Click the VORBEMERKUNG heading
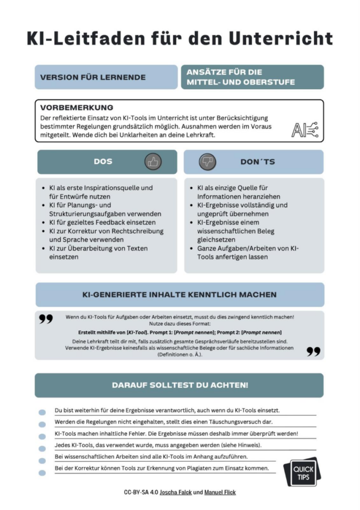point(77,108)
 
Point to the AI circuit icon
point(304,129)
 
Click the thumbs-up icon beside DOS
point(153,162)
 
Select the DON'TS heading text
point(257,162)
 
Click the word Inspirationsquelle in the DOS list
point(113,188)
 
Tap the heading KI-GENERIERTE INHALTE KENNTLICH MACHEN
point(179,295)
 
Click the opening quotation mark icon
point(46,319)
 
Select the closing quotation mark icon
point(313,352)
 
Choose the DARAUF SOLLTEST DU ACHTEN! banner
point(179,385)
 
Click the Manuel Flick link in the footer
point(220,493)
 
